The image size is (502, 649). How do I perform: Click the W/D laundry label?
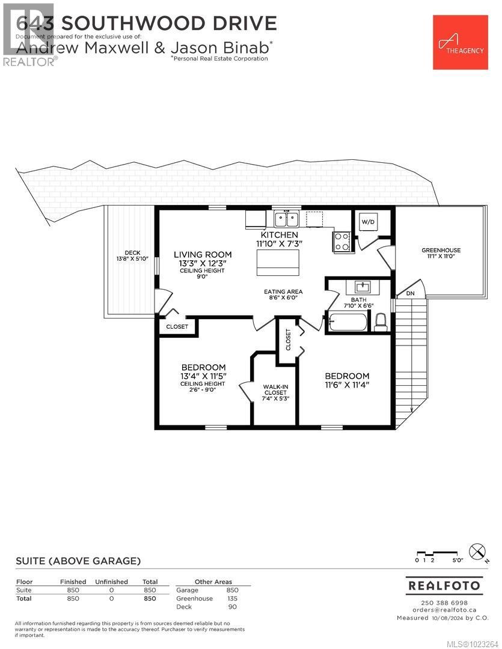[x=367, y=222]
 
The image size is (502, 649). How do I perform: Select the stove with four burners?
[x=342, y=242]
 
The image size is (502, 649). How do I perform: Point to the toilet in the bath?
[x=381, y=323]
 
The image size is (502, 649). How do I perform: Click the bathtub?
[x=346, y=323]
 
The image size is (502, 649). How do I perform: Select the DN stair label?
[x=411, y=293]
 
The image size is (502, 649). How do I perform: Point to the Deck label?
[x=132, y=255]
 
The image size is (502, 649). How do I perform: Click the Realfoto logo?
[x=445, y=585]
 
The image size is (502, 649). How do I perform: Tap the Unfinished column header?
[x=111, y=582]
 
